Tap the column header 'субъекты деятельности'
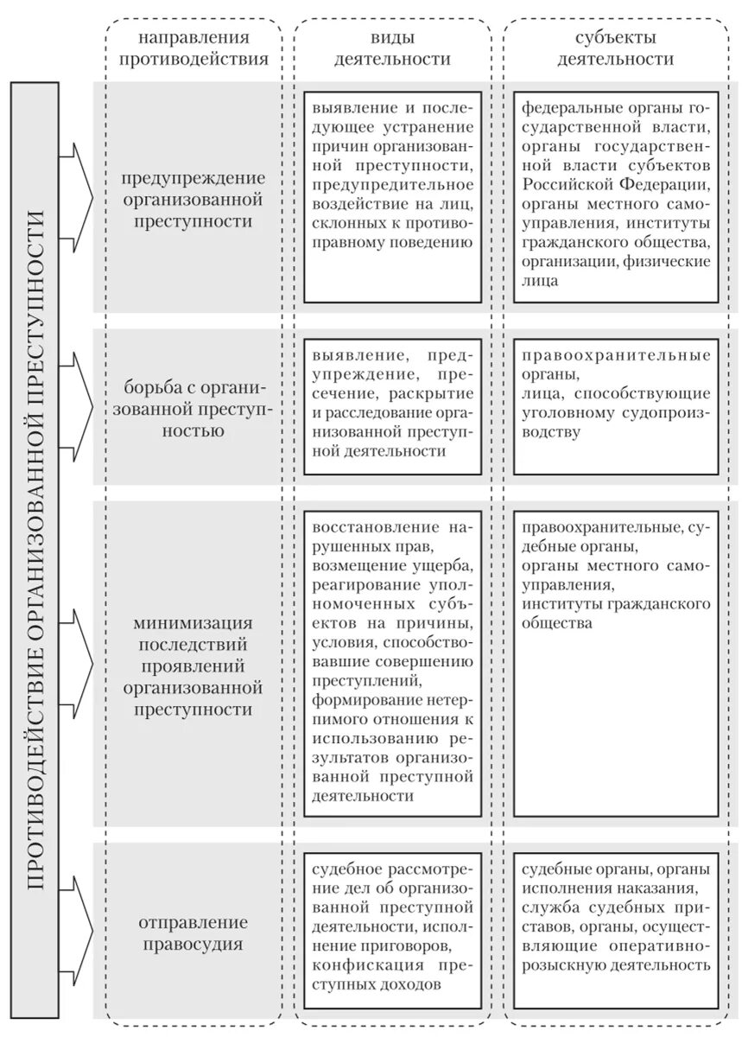pyautogui.click(x=616, y=48)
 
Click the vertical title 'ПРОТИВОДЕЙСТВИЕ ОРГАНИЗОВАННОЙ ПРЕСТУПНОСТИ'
pyautogui.click(x=34, y=550)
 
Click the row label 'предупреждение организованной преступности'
pyautogui.click(x=193, y=200)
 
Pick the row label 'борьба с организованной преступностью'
pyautogui.click(x=193, y=406)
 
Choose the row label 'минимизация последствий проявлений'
pyautogui.click(x=193, y=666)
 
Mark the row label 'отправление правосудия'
pyautogui.click(x=193, y=933)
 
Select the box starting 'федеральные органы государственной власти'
pyautogui.click(x=615, y=198)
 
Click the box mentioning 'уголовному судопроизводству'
pyautogui.click(x=615, y=407)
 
